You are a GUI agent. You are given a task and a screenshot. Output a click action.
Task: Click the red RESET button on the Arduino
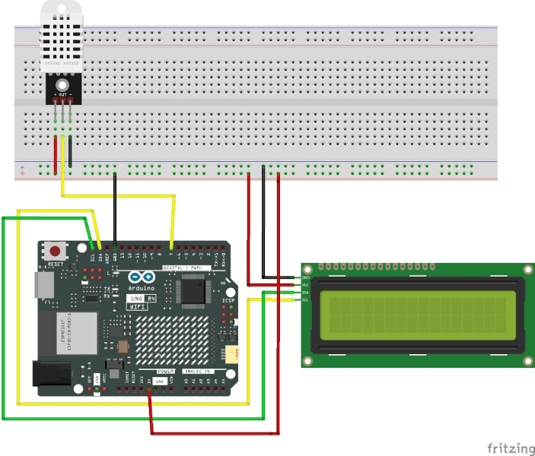(55, 251)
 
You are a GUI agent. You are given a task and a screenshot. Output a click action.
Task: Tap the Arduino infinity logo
(141, 278)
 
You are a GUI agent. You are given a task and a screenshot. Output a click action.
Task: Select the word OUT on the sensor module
(62, 93)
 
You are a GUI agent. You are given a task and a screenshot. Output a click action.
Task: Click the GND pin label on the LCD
(305, 278)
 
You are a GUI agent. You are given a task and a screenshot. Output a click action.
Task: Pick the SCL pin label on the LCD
(305, 300)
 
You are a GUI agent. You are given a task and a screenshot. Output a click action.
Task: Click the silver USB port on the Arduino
(44, 285)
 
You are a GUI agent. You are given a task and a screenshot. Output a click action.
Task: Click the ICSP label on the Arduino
(228, 301)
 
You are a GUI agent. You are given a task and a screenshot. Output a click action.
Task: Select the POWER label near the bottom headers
(166, 372)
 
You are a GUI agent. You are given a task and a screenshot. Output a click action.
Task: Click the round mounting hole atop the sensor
(62, 84)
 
